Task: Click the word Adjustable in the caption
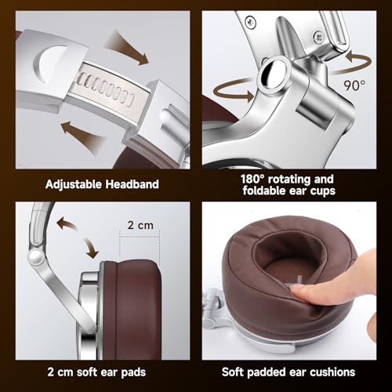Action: [x=74, y=184]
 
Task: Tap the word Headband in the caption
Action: [x=132, y=184]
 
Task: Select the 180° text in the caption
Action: [x=252, y=180]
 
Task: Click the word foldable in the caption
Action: [x=264, y=191]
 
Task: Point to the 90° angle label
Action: [x=354, y=85]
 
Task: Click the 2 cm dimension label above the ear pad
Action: [x=140, y=225]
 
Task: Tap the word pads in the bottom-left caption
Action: [x=133, y=372]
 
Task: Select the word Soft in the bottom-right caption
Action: [x=233, y=372]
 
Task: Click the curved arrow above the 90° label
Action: [x=354, y=63]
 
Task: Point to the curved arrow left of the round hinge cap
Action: [x=234, y=91]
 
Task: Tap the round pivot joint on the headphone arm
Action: [x=36, y=256]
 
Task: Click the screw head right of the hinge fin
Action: [x=318, y=37]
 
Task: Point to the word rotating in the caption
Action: [x=289, y=180]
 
